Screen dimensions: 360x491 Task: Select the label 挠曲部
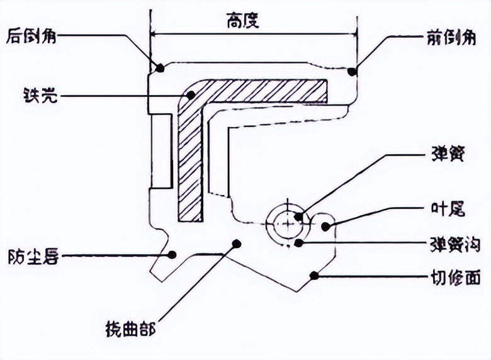click(x=130, y=328)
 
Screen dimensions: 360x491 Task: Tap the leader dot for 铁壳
click(x=191, y=96)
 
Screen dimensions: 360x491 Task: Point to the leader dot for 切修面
click(x=314, y=274)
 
